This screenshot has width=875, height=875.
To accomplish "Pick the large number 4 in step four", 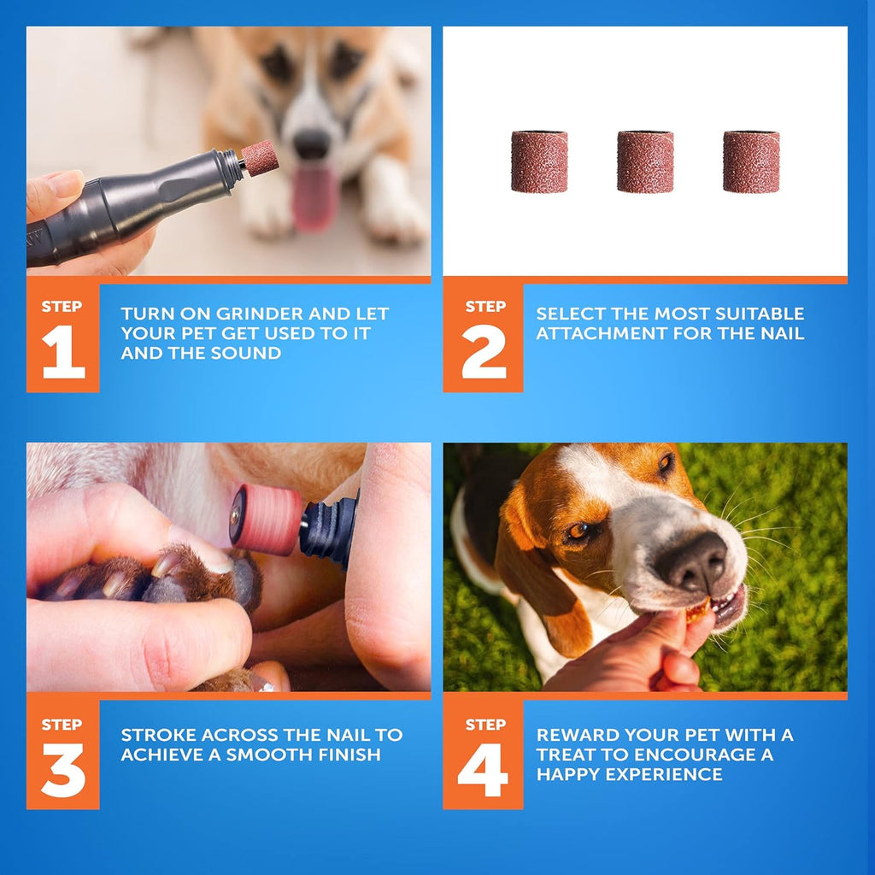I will [x=483, y=772].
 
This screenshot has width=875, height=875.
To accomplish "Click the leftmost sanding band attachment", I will [x=539, y=161].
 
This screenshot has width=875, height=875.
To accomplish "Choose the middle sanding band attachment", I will [x=645, y=161].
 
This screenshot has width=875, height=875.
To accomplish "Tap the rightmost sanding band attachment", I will [x=751, y=161].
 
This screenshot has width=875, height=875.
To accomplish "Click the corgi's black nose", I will [x=311, y=144].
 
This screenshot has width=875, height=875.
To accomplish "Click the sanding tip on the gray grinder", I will [x=259, y=158].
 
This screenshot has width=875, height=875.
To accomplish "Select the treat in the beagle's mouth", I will [x=698, y=610].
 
